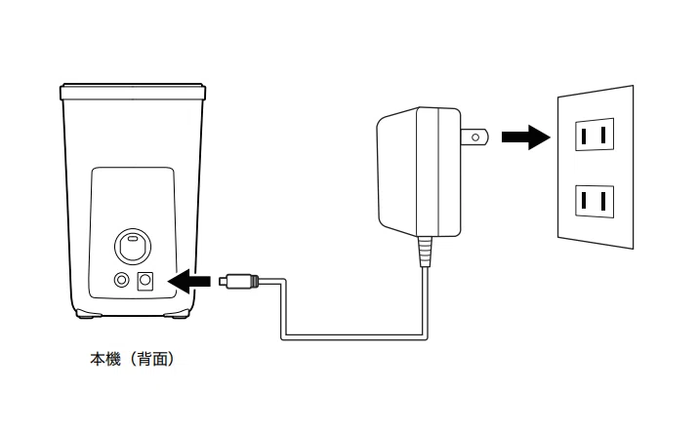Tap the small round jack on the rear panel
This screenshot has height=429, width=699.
121,281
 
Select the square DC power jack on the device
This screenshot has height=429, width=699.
146,281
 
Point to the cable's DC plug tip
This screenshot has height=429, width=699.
224,282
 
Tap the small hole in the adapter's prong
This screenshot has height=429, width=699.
474,138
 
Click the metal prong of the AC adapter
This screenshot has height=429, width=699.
472,138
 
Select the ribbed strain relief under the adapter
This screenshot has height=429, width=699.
424,252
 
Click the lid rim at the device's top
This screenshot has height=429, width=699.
133,93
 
